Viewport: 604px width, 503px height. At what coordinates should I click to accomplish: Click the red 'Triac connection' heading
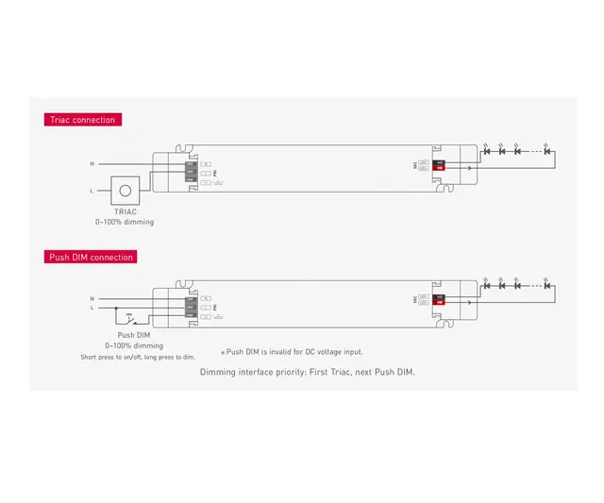(x=83, y=120)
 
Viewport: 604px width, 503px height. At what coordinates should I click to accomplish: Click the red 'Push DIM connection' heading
(x=91, y=257)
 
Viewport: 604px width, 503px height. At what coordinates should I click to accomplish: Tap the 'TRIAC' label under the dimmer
(x=125, y=212)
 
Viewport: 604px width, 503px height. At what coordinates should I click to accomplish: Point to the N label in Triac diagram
(x=92, y=164)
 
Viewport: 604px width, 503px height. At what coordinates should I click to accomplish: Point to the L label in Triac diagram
(x=92, y=191)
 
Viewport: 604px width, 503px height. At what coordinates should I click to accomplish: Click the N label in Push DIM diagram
(x=92, y=297)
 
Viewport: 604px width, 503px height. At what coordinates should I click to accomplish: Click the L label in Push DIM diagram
(x=92, y=308)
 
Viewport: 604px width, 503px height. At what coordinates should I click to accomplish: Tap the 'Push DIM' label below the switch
(x=133, y=335)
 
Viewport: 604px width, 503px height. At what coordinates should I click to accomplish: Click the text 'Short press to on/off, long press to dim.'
(x=138, y=357)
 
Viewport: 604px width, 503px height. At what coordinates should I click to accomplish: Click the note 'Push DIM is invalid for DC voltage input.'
(x=292, y=352)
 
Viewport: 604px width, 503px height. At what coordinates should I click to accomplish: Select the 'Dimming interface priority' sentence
(x=307, y=372)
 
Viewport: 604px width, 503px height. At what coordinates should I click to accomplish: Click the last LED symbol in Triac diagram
(x=547, y=150)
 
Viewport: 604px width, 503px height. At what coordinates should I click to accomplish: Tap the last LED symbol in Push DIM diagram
(x=547, y=284)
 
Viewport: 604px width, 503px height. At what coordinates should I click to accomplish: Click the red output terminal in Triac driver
(x=439, y=167)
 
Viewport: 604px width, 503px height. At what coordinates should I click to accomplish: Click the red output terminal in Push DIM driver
(x=439, y=301)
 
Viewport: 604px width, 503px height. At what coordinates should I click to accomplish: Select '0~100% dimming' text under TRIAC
(x=125, y=222)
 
